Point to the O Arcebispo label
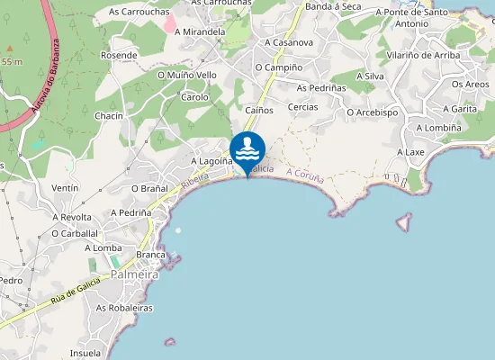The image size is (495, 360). (372, 112)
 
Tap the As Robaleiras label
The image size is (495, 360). (124, 308)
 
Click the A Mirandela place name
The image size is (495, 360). (200, 31)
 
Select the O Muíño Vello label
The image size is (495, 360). (187, 76)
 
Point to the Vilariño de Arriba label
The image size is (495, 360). (423, 55)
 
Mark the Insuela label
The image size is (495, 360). (85, 353)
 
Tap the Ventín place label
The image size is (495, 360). (66, 187)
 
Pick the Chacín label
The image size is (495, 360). (108, 116)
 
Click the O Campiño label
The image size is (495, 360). (278, 67)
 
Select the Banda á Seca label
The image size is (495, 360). (333, 6)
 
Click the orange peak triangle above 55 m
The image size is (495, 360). (10, 47)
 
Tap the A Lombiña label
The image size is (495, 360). (438, 128)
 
